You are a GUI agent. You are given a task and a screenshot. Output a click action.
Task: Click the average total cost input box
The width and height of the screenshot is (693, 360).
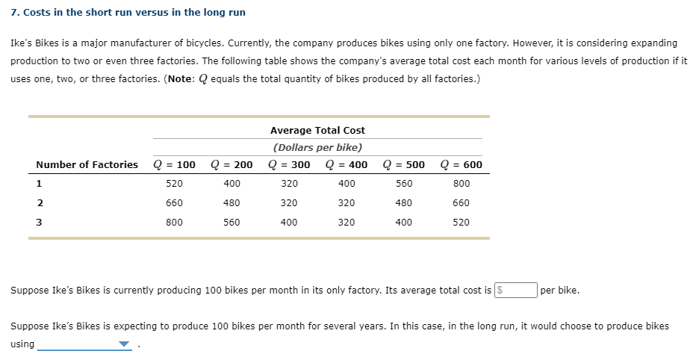coord(516,290)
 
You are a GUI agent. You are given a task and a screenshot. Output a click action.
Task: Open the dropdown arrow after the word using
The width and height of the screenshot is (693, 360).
coord(124,344)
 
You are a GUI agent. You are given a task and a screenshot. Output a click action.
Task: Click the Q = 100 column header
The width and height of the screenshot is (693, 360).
coord(174,164)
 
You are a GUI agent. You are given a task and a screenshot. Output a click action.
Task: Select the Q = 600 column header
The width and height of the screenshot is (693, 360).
coord(462,164)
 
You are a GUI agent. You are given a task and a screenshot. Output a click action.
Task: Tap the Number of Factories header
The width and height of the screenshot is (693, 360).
coord(87,164)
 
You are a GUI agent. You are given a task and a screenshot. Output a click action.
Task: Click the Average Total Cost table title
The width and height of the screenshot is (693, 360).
coord(317,130)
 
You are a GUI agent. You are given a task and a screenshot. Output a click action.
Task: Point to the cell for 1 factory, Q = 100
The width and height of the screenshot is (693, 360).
coord(174,183)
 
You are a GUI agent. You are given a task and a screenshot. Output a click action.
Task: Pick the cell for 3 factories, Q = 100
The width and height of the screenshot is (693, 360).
coord(174,222)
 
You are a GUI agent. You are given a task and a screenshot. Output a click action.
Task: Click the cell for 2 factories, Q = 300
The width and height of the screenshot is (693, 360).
coord(289,202)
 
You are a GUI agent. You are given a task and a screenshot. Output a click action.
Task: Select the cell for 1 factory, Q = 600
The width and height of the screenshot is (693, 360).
coord(462,183)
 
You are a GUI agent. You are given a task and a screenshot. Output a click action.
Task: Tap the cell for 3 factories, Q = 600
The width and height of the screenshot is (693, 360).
coord(462,222)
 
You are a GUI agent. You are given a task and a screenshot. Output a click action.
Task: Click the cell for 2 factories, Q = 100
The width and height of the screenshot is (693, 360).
coord(174,202)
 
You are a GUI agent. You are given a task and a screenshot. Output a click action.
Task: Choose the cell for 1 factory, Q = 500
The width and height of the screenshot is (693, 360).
coord(404,183)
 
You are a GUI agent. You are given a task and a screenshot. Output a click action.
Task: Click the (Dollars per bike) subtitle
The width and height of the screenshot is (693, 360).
coord(317,147)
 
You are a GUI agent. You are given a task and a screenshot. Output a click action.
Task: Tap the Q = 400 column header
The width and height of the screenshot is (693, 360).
coord(346,164)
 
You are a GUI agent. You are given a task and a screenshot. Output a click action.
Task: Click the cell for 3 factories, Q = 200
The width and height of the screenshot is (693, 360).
coord(231,222)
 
